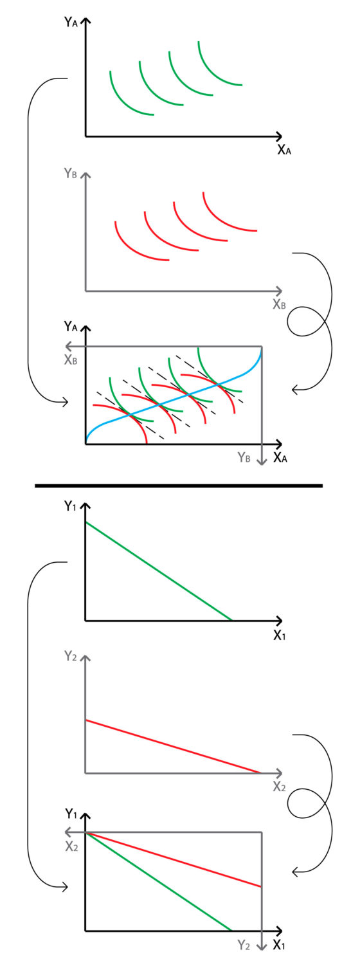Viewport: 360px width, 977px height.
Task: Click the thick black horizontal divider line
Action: (x=179, y=486)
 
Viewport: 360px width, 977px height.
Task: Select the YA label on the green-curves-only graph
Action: (x=71, y=22)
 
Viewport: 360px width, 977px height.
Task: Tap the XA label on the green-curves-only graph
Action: (x=284, y=150)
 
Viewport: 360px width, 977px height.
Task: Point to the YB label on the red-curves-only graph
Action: (x=71, y=173)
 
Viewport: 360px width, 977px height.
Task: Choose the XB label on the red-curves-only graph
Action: (x=279, y=304)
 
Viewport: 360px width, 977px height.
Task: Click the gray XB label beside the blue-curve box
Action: (x=71, y=360)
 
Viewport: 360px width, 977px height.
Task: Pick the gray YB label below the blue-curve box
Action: (x=244, y=457)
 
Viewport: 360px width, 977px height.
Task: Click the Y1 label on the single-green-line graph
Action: (x=70, y=506)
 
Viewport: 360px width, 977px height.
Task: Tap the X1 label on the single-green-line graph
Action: (x=280, y=635)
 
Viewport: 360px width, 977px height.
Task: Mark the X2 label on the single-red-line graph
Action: (x=280, y=787)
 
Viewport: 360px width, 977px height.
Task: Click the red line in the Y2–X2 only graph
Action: (x=173, y=746)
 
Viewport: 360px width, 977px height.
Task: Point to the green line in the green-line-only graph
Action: (x=159, y=571)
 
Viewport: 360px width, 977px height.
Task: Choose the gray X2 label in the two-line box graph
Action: (x=72, y=846)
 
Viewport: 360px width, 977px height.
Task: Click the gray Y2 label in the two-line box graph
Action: (x=244, y=945)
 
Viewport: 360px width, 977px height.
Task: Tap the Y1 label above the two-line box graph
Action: (x=71, y=814)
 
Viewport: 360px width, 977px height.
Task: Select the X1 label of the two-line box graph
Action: (x=280, y=945)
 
